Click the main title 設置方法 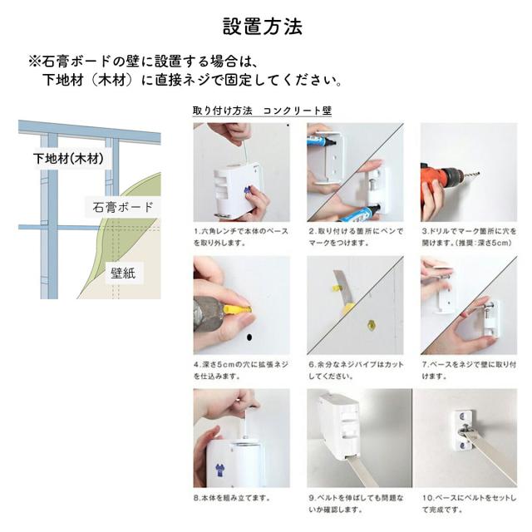pyautogui.click(x=263, y=27)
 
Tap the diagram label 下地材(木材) pyautogui.click(x=68, y=159)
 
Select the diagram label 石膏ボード pyautogui.click(x=123, y=207)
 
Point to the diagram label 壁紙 pyautogui.click(x=123, y=273)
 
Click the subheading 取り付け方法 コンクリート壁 pyautogui.click(x=262, y=111)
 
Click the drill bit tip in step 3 pyautogui.click(x=479, y=175)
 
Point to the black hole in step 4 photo pyautogui.click(x=249, y=337)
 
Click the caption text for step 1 pyautogui.click(x=241, y=237)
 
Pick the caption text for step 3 pyautogui.click(x=469, y=237)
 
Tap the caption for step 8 pyautogui.click(x=232, y=498)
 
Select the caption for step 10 pyautogui.click(x=469, y=504)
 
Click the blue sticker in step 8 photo pyautogui.click(x=219, y=470)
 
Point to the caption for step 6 pyautogui.click(x=356, y=370)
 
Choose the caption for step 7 pyautogui.click(x=469, y=370)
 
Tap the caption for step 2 pyautogui.click(x=356, y=237)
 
